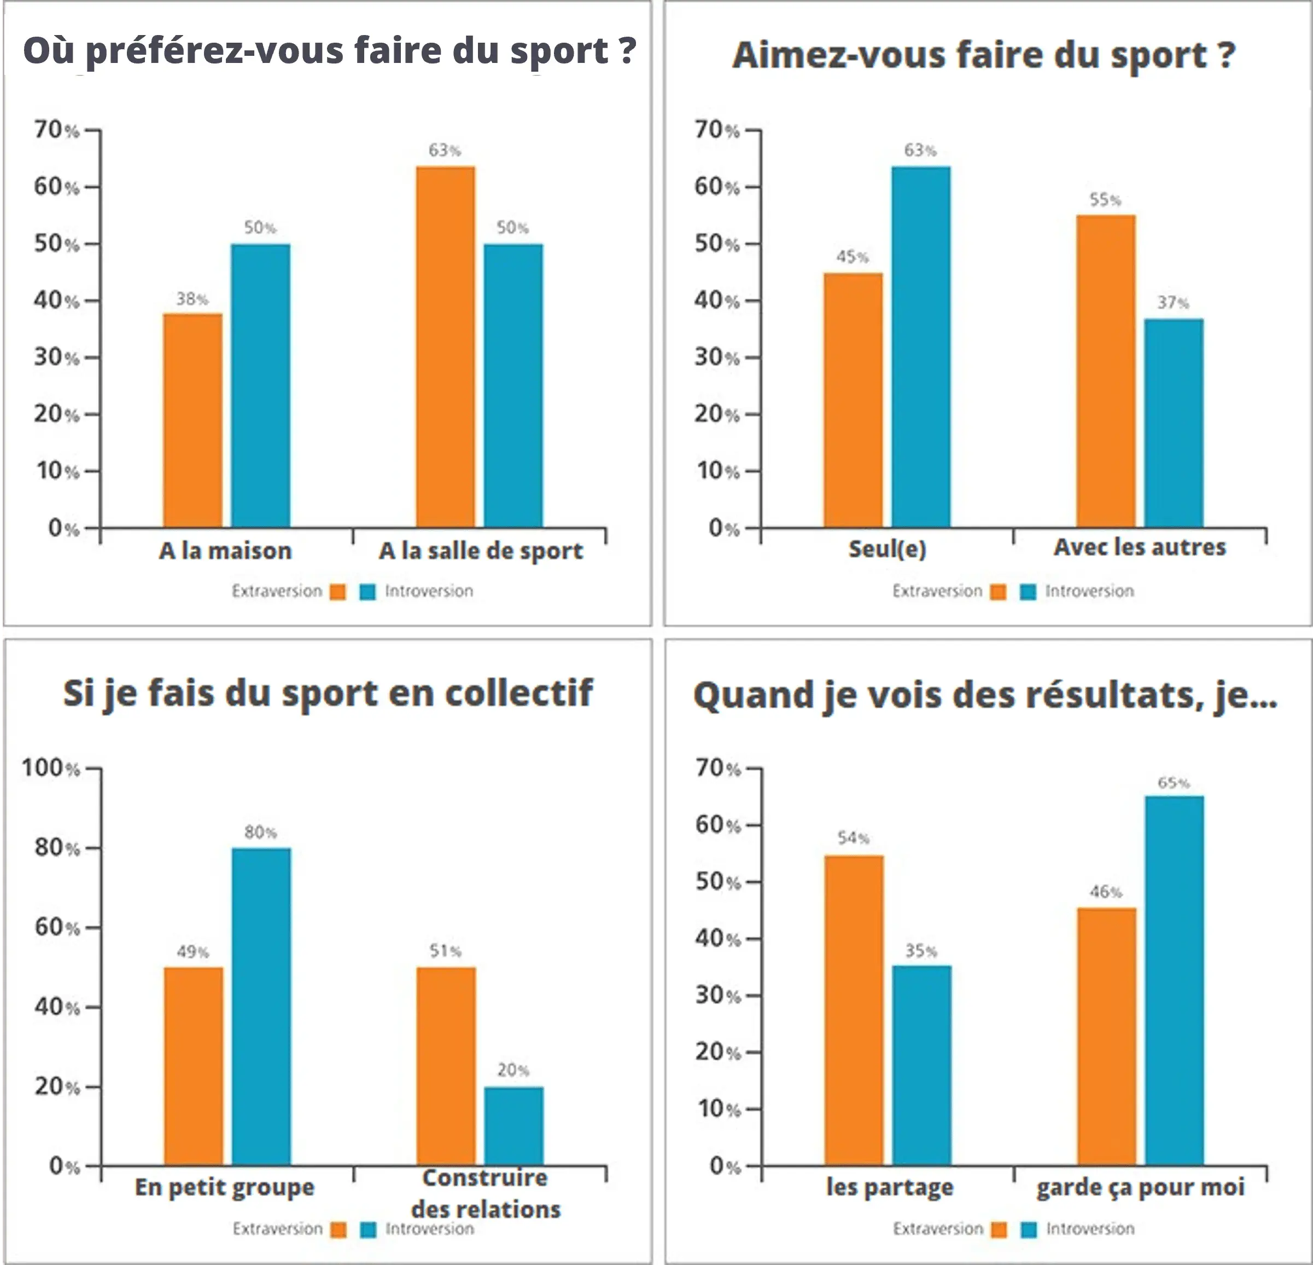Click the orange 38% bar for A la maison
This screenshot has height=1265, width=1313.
coord(192,420)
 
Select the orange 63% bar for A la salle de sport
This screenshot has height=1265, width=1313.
coord(446,346)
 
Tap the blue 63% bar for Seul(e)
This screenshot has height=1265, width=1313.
coord(920,346)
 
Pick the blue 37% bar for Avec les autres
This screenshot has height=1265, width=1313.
coord(1174,423)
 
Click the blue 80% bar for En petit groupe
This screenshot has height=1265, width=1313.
coord(261,1007)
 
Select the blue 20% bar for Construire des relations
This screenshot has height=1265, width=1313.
coord(514,1126)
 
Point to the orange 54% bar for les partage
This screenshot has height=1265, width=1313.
coord(854,1011)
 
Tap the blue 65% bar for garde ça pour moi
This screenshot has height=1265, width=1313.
coord(1174,981)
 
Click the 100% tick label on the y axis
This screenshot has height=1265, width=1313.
coord(50,767)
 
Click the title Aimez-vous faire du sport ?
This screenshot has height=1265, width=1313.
coord(983,55)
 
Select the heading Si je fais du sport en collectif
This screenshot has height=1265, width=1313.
coord(328,693)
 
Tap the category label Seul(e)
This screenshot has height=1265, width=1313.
coord(887,549)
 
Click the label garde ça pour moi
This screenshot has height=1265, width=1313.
coord(1140,1187)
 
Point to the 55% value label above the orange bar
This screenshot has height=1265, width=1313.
coord(1105,200)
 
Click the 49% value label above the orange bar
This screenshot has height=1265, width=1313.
coord(193,952)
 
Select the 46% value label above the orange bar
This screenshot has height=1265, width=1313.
coord(1105,892)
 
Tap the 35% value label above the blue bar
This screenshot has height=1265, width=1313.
coord(921,951)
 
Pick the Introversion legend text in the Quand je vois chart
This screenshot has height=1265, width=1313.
coord(1090,1229)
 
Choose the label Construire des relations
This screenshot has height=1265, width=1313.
coord(485,1194)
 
